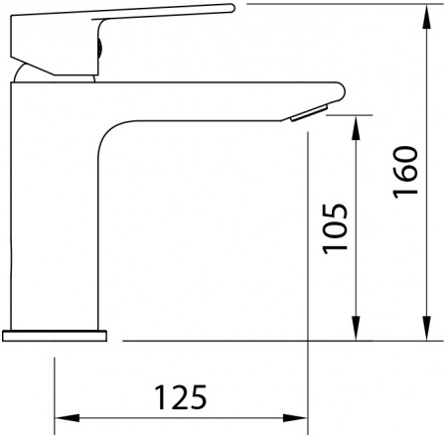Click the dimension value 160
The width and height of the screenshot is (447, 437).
pos(405,174)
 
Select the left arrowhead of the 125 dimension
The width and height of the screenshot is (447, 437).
pos(60,416)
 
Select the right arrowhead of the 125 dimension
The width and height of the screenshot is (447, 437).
pos(302,416)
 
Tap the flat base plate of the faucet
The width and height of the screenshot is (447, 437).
pos(54,335)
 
